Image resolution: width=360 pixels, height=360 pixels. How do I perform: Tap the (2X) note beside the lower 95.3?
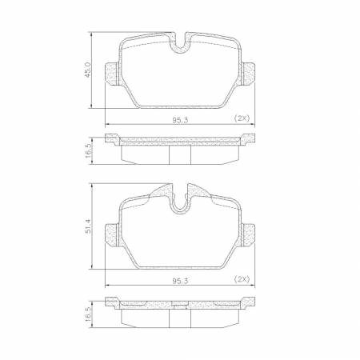pyautogui.click(x=241, y=279)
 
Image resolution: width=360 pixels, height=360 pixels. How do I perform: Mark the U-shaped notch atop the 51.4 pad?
pyautogui.click(x=180, y=200)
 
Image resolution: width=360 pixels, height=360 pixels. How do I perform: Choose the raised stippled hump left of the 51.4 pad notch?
pyautogui.click(x=162, y=193)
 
